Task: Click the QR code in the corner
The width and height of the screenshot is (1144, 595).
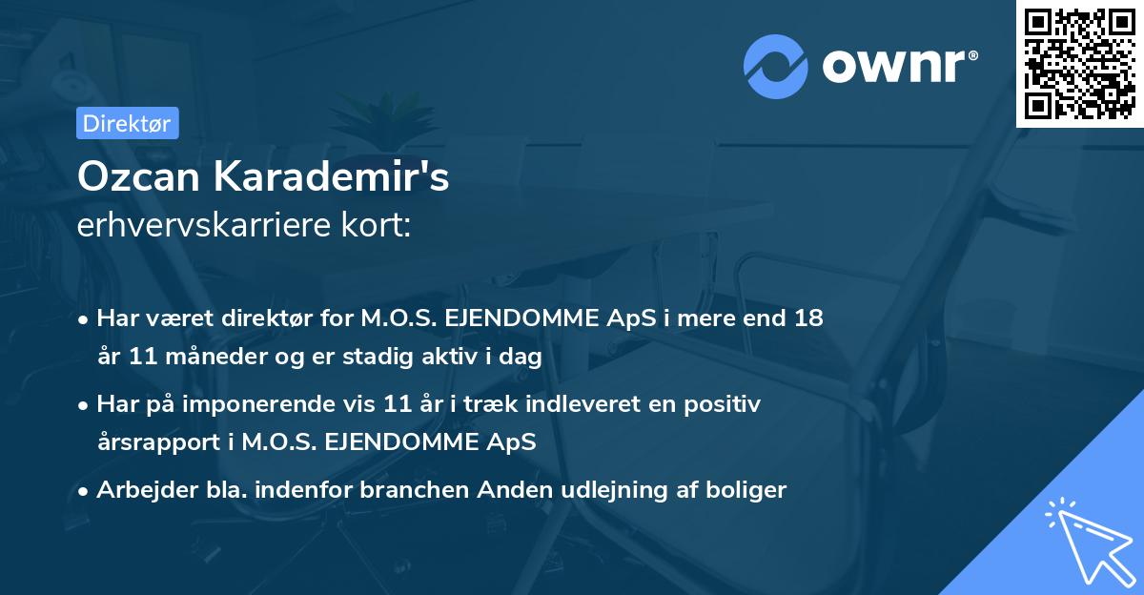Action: pyautogui.click(x=1080, y=63)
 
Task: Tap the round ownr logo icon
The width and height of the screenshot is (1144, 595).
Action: pyautogui.click(x=775, y=65)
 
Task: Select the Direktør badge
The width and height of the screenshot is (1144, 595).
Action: pyautogui.click(x=128, y=123)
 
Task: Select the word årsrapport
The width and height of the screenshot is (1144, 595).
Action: pyautogui.click(x=154, y=443)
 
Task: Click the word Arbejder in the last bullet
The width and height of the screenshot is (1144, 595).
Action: pyautogui.click(x=139, y=490)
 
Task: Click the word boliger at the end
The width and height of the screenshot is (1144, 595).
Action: pyautogui.click(x=748, y=490)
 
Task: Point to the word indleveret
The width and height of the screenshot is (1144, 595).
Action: pyautogui.click(x=564, y=404)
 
